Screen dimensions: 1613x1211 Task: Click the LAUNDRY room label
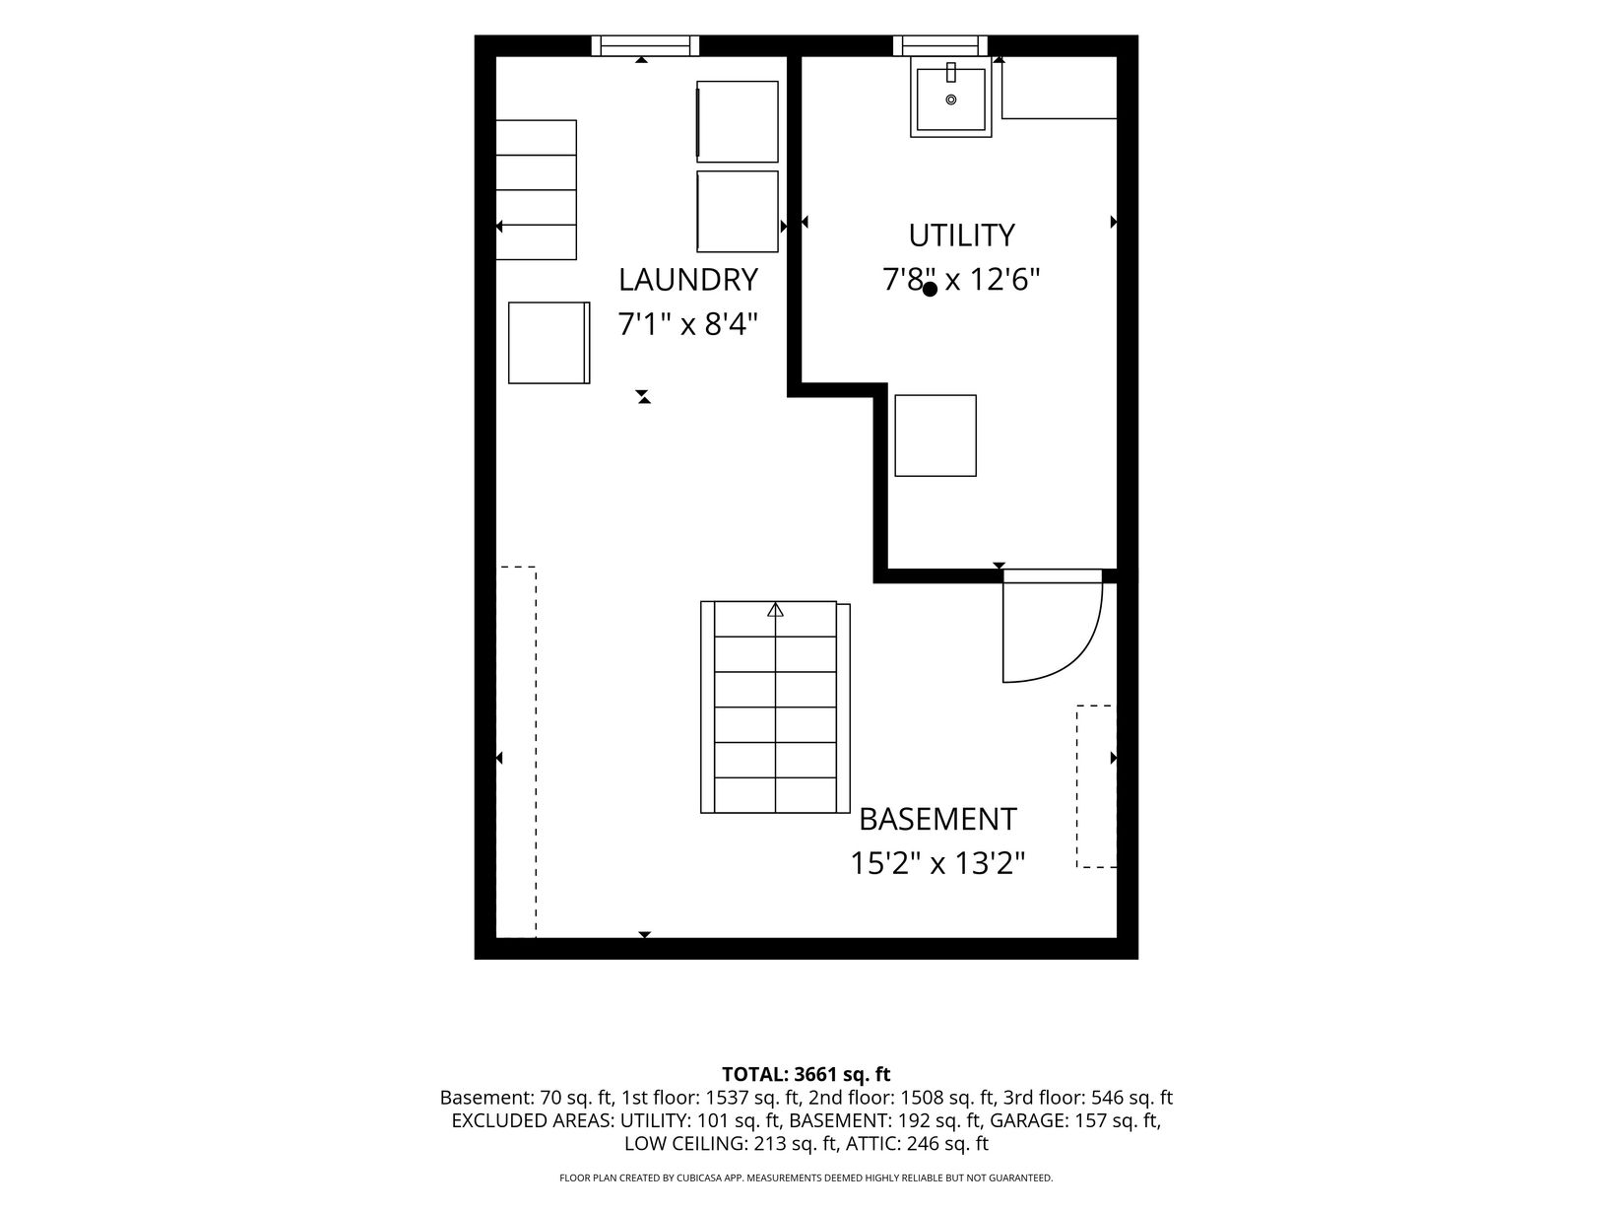(687, 280)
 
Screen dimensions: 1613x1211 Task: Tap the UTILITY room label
(961, 236)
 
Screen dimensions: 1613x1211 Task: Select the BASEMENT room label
(937, 820)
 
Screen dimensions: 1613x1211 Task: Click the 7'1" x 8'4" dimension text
(687, 324)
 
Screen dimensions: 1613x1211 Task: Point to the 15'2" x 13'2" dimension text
(937, 864)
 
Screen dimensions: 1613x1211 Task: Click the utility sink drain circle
(951, 100)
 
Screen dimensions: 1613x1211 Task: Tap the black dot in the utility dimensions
(930, 289)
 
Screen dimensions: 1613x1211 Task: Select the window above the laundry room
(645, 45)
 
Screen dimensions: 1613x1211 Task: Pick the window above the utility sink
(939, 45)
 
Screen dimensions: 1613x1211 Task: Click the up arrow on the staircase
(775, 610)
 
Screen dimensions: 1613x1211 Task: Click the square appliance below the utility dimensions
(936, 436)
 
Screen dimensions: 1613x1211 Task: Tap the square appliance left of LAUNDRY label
(548, 343)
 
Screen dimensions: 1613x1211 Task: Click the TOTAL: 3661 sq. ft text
(806, 1074)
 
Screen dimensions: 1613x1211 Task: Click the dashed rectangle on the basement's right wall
(1096, 786)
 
